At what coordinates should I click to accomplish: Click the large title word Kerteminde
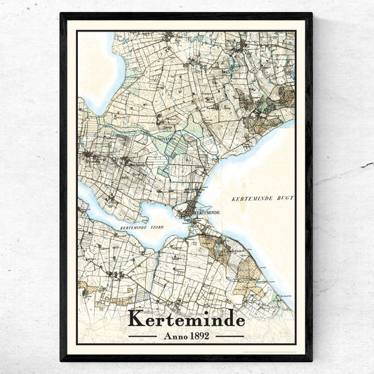(186, 319)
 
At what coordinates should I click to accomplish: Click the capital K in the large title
(135, 319)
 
